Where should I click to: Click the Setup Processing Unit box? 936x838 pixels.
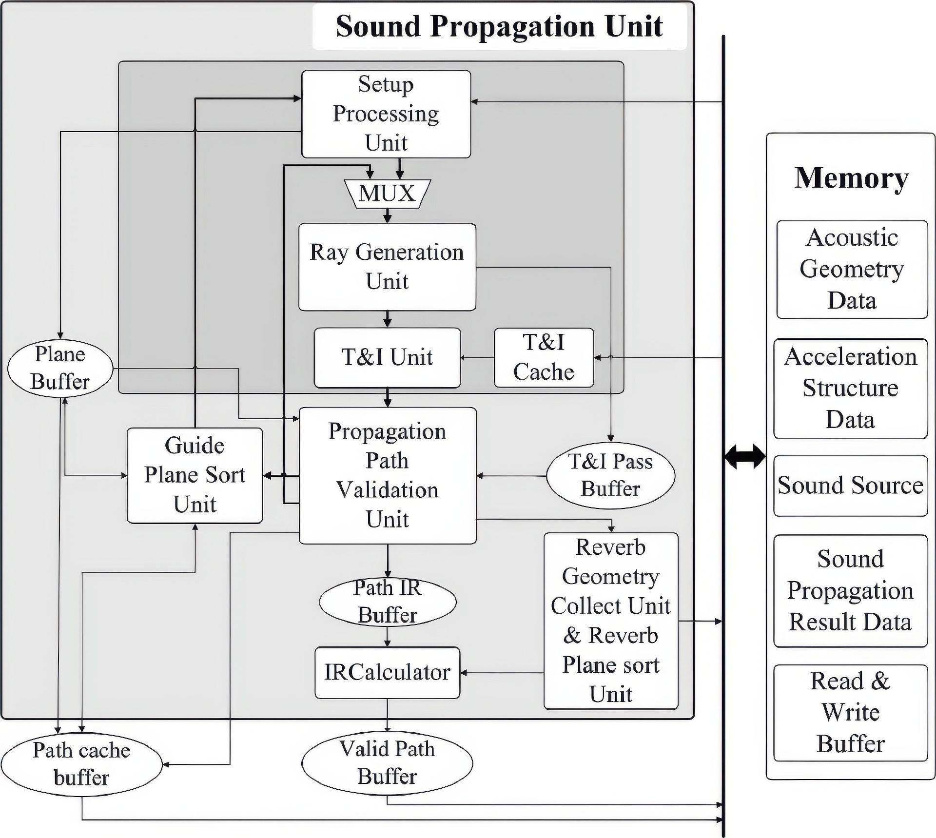(386, 114)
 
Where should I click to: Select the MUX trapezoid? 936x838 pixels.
(387, 194)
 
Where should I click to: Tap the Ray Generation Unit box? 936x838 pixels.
(387, 267)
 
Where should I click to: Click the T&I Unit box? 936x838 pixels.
(387, 357)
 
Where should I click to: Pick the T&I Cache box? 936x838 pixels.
(544, 357)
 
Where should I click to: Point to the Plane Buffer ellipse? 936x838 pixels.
(60, 368)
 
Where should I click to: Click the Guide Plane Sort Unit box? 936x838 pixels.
(195, 475)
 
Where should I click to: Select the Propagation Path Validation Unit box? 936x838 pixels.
(387, 475)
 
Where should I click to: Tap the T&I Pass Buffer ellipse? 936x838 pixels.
(610, 475)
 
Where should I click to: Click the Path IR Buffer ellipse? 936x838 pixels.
(388, 602)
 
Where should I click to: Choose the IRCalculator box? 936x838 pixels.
(387, 673)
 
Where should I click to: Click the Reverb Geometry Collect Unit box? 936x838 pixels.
(610, 620)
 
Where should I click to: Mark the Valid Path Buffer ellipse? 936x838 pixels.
(387, 763)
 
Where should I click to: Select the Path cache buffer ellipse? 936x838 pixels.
(81, 764)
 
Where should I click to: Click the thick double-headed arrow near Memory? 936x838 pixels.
(744, 457)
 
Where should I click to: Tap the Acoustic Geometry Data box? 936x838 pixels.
(852, 269)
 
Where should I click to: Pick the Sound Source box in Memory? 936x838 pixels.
(850, 486)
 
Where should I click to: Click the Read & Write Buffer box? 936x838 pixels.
(850, 713)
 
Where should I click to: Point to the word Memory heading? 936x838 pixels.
(851, 178)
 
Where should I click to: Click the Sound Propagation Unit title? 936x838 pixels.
(499, 26)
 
